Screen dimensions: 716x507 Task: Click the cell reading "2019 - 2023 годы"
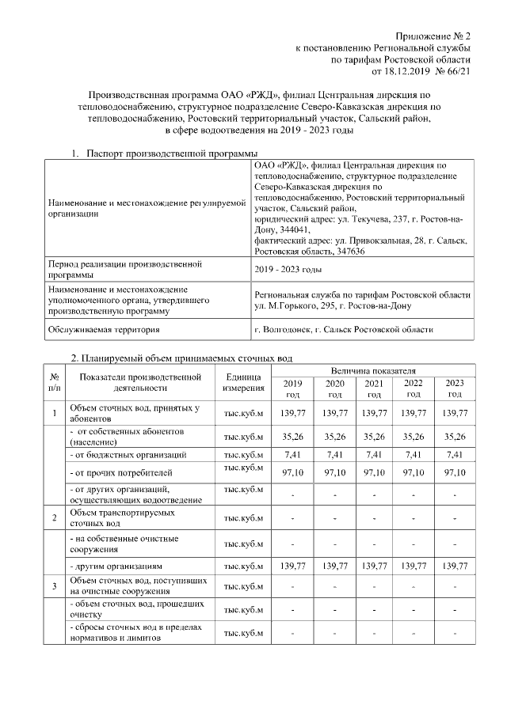[x=288, y=269]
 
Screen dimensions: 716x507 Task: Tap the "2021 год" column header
[x=373, y=388]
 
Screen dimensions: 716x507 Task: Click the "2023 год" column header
[x=455, y=388]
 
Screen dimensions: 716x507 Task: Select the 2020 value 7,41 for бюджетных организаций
[x=334, y=455]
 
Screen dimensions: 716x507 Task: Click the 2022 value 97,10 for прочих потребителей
[x=414, y=472]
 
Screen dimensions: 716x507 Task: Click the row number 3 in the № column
[x=54, y=586]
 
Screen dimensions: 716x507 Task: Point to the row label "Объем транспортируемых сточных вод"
[x=116, y=518]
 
